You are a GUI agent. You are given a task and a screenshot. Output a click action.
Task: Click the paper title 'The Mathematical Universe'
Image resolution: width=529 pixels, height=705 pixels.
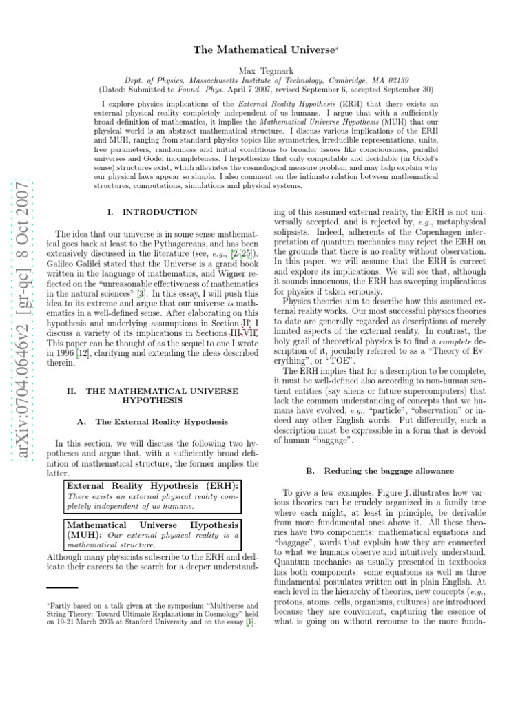264,51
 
